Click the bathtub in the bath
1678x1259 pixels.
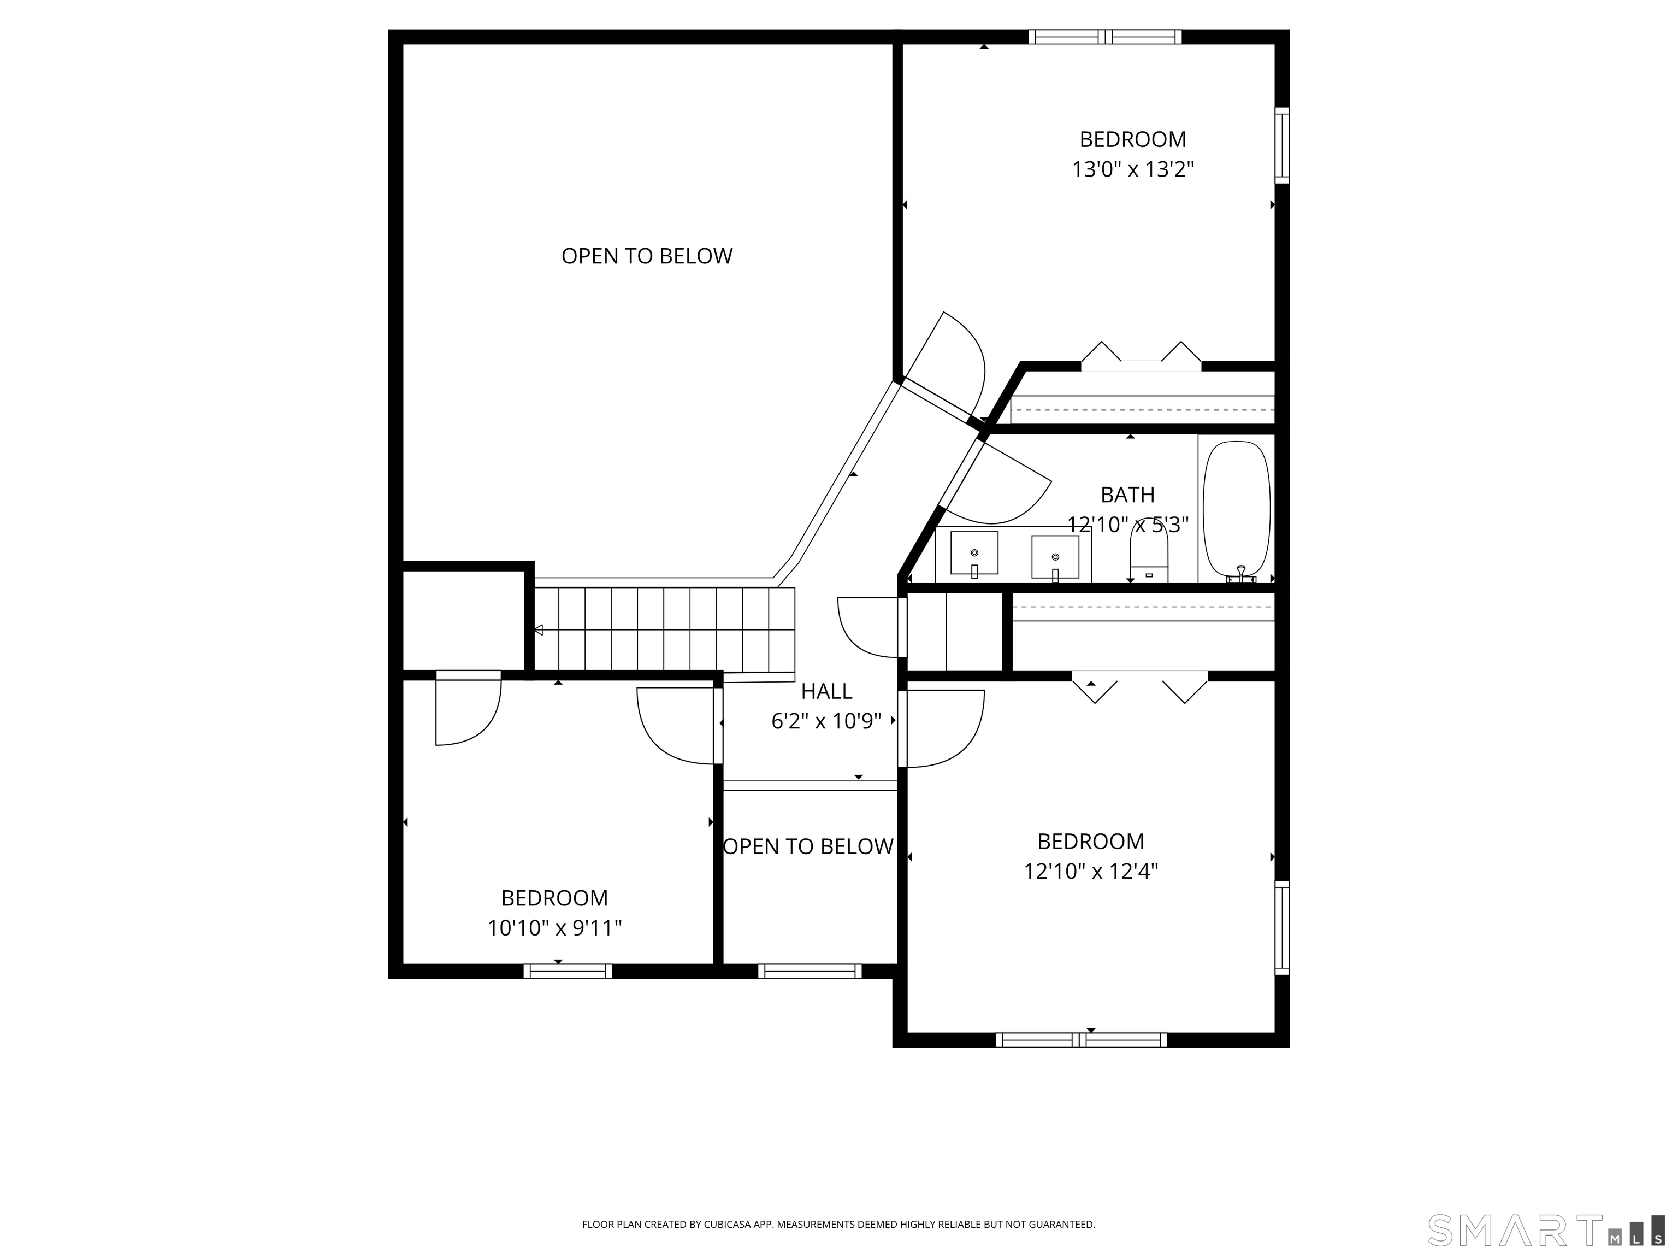point(1237,509)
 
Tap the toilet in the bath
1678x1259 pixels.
point(1149,553)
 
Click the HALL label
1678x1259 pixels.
point(826,691)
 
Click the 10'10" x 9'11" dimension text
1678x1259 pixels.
point(554,928)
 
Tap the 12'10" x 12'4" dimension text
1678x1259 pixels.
point(1091,871)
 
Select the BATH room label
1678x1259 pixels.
point(1127,495)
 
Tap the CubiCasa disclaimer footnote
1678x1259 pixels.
point(838,1203)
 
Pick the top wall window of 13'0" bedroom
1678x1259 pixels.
point(1105,37)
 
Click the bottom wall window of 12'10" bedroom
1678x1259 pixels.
point(1081,1040)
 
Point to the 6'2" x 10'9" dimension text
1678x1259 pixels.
point(826,721)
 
